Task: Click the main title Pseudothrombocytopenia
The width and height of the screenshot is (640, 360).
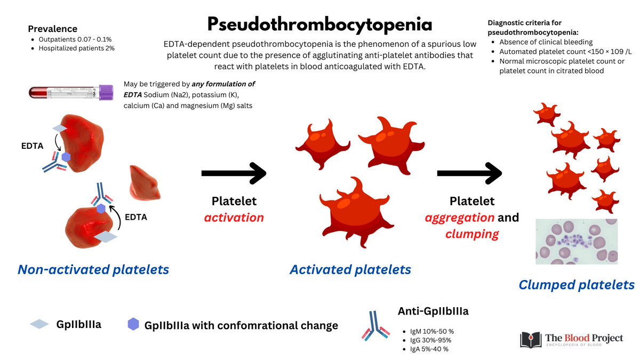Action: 319,24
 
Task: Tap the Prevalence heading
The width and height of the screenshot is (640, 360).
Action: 52,29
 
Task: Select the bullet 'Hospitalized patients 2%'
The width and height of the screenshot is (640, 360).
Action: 77,49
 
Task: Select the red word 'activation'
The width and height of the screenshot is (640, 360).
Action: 234,217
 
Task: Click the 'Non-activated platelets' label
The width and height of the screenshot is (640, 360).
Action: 93,269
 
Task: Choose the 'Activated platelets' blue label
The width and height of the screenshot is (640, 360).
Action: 350,269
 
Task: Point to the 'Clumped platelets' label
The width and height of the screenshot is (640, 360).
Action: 577,285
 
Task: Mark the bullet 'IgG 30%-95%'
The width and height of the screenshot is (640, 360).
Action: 427,340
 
